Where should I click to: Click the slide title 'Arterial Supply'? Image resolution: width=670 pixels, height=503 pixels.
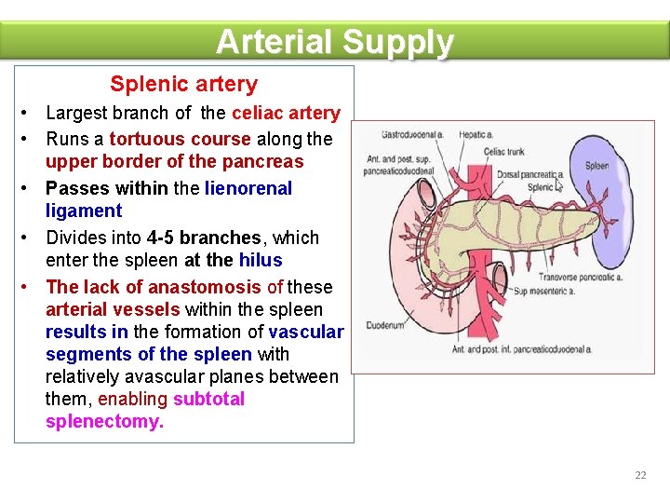(335, 42)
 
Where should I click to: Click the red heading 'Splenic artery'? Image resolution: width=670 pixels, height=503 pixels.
(183, 84)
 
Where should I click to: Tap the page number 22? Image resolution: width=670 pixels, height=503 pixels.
(640, 475)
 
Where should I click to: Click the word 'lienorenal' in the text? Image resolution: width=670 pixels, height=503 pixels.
(248, 188)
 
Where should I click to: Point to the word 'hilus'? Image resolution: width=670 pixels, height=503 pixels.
(261, 260)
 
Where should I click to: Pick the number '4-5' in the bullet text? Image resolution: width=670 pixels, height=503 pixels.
(163, 238)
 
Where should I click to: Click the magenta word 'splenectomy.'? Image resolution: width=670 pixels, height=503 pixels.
(104, 421)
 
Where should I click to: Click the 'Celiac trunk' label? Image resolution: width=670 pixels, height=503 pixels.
(504, 152)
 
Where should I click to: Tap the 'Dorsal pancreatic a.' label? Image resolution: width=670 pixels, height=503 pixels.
(531, 174)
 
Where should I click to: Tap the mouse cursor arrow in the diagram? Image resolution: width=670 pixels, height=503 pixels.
(559, 184)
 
